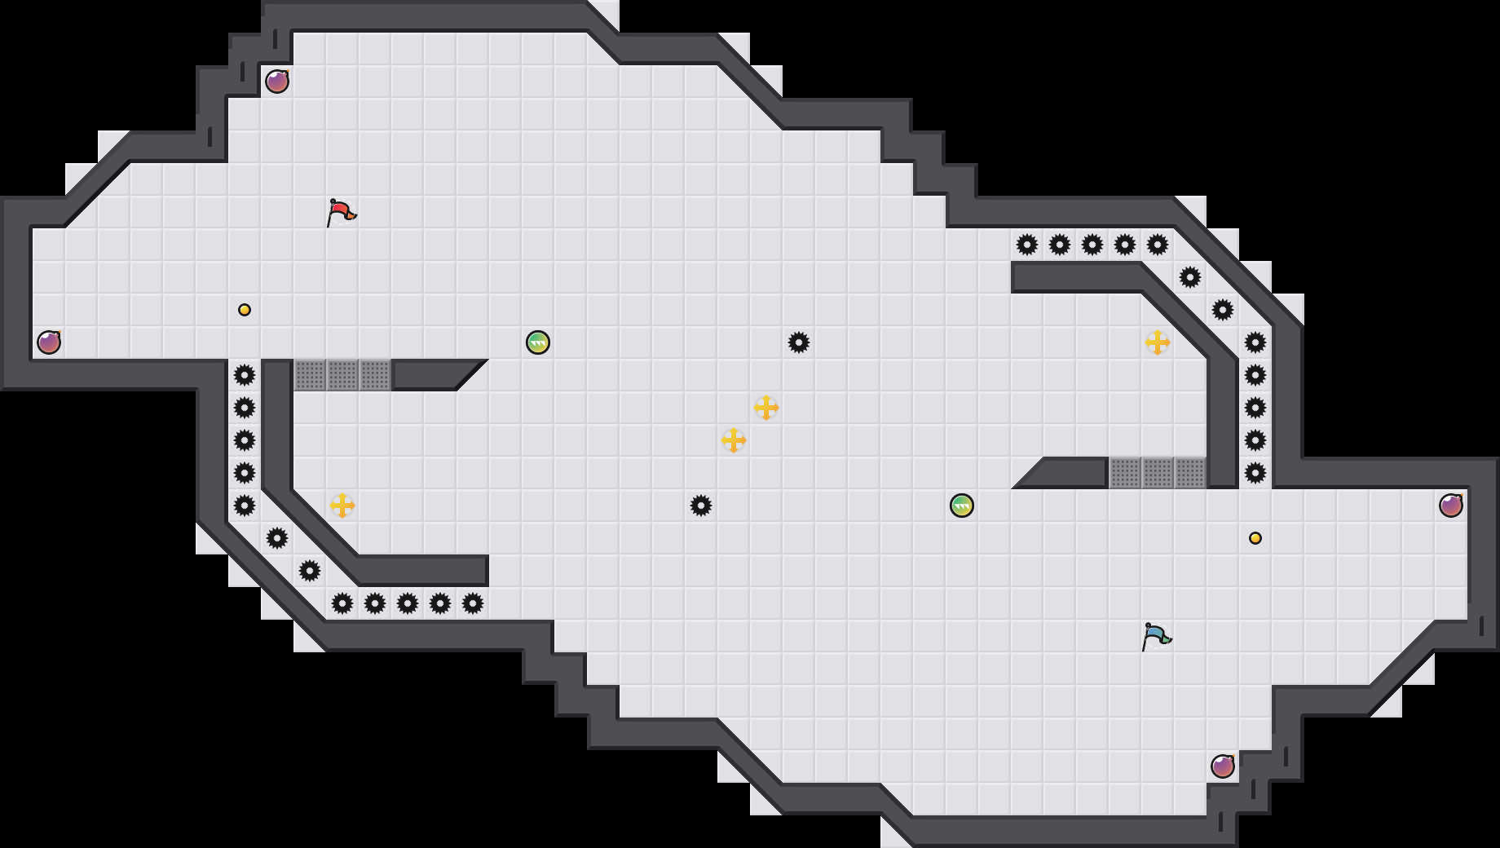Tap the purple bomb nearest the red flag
tap(277, 82)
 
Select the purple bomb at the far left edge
tap(49, 342)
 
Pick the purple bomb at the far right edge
tap(1451, 506)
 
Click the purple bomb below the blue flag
tap(1223, 766)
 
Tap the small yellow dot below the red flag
tap(245, 310)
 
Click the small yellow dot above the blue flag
tap(1255, 538)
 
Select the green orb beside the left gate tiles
tap(538, 342)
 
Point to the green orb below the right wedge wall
tap(962, 506)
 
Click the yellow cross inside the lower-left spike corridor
tap(342, 506)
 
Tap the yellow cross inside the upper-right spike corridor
tap(1158, 342)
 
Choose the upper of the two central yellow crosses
tap(766, 408)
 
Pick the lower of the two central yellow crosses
tap(734, 440)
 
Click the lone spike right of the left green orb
tap(799, 342)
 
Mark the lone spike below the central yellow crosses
tap(701, 506)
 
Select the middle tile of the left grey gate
tap(342, 375)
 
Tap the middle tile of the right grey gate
tap(1158, 473)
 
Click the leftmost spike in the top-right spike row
tap(1027, 245)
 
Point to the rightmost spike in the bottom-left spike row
tap(473, 603)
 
